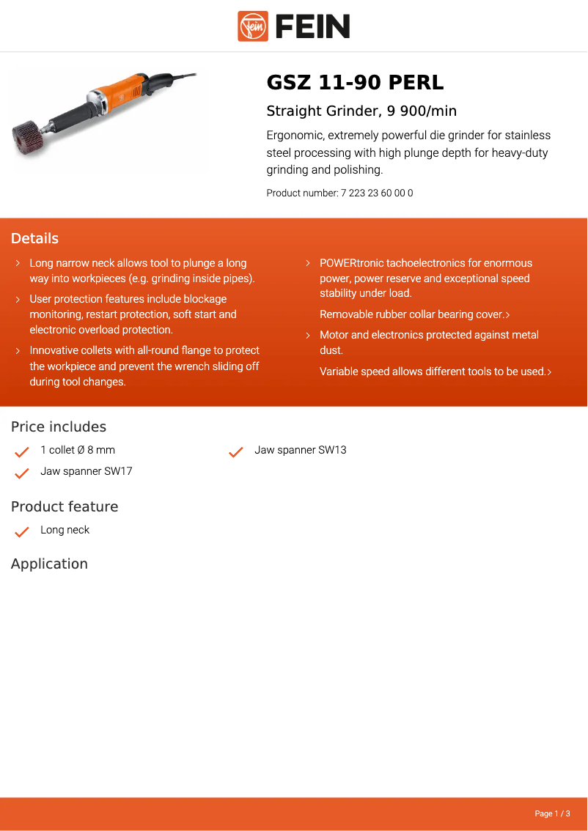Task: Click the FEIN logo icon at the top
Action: (x=253, y=26)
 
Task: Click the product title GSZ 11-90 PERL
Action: (x=355, y=83)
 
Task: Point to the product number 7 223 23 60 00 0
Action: (x=377, y=193)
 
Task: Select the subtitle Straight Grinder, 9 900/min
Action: (x=361, y=111)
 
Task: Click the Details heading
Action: (x=34, y=239)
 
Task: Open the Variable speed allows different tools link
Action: (x=435, y=372)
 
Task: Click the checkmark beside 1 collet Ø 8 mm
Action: (x=22, y=451)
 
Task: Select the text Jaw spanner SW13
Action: (x=300, y=450)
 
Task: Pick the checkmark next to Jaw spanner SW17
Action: (x=22, y=473)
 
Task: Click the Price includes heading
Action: (x=59, y=427)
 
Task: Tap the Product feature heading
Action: (x=65, y=507)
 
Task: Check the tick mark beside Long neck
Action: (x=22, y=531)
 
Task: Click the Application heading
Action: (x=49, y=564)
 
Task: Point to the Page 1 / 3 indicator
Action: (x=552, y=813)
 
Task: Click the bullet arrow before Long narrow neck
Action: (x=18, y=263)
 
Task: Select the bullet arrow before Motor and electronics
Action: (x=308, y=335)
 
